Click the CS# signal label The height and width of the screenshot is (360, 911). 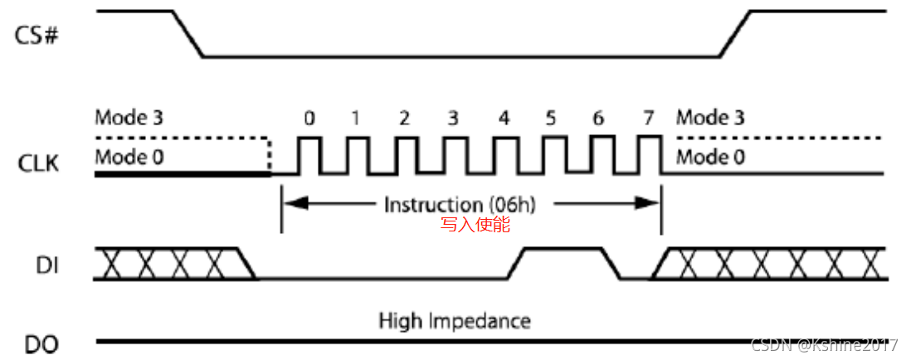tap(39, 36)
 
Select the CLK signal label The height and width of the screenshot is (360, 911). tap(39, 163)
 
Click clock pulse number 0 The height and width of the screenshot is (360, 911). tap(309, 155)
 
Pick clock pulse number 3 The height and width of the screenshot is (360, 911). tap(454, 155)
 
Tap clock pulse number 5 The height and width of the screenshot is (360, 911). tap(552, 155)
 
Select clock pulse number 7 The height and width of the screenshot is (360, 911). tap(650, 155)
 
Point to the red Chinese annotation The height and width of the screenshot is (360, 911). tap(475, 224)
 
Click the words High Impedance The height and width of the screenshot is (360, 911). tap(455, 320)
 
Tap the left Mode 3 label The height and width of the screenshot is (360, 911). tap(129, 118)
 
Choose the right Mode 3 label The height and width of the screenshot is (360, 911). tap(711, 118)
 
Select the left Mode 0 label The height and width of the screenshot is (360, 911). tap(129, 156)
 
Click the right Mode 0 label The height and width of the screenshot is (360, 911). tap(711, 156)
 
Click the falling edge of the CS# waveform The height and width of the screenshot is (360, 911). tap(188, 34)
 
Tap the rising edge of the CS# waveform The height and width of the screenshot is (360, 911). tap(735, 34)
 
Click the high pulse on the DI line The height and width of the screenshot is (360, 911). tap(562, 248)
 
